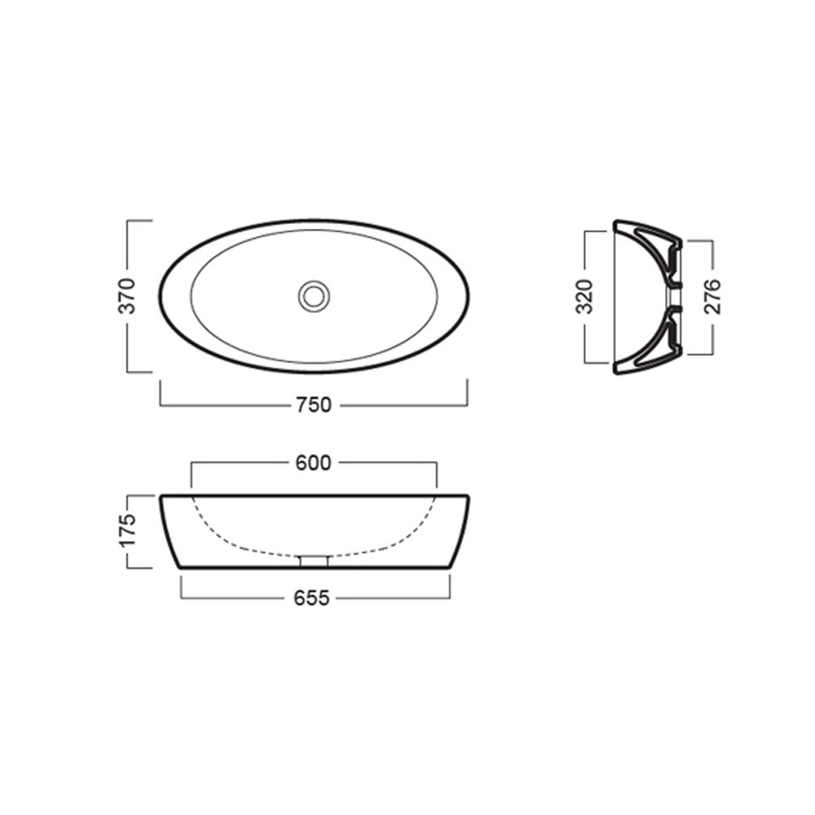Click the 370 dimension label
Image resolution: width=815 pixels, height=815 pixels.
127,297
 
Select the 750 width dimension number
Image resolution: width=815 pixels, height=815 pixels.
314,405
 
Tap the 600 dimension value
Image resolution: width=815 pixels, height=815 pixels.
314,463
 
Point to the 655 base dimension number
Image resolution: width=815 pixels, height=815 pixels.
312,598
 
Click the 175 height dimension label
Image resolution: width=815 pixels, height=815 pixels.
128,531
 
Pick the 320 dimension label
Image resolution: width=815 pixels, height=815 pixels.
585,297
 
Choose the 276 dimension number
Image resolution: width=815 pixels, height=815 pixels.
712,297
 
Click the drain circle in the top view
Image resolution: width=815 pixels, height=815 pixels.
314,297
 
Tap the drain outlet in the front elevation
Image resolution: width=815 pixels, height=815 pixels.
314,562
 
